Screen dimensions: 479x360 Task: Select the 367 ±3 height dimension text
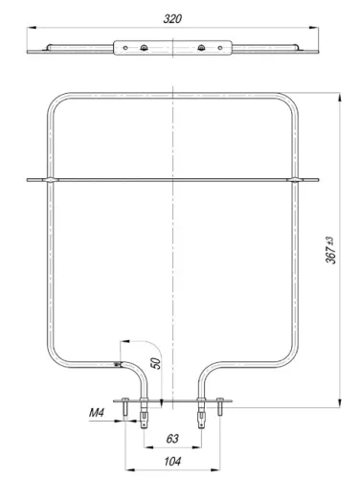pyautogui.click(x=329, y=251)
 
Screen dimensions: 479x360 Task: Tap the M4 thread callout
pyautogui.click(x=96, y=413)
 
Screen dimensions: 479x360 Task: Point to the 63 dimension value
pyautogui.click(x=173, y=439)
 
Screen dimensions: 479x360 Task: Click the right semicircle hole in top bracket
pyautogui.click(x=201, y=48)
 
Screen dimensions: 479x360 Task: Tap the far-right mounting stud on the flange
pyautogui.click(x=221, y=408)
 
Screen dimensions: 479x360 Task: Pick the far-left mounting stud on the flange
pyautogui.click(x=125, y=408)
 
